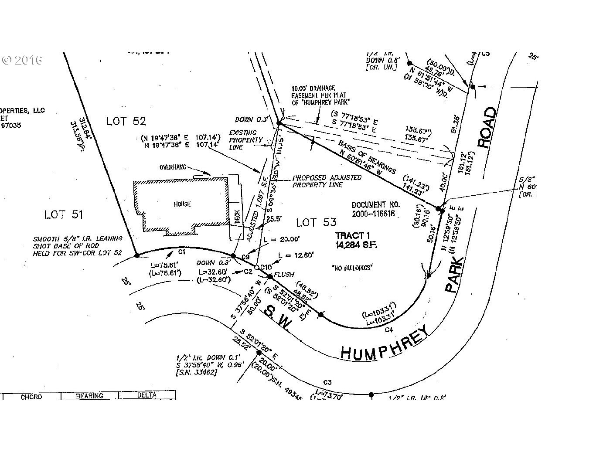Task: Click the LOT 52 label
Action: pos(126,121)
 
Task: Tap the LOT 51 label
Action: pos(64,214)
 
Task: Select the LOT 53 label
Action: pos(316,223)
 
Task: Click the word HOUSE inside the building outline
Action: pos(181,204)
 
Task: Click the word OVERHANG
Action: pos(173,167)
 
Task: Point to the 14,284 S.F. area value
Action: pos(356,245)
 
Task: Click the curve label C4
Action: pos(389,330)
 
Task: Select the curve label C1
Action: pos(182,251)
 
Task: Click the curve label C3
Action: pos(328,382)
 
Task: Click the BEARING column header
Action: pos(89,396)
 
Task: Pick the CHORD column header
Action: pos(31,397)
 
